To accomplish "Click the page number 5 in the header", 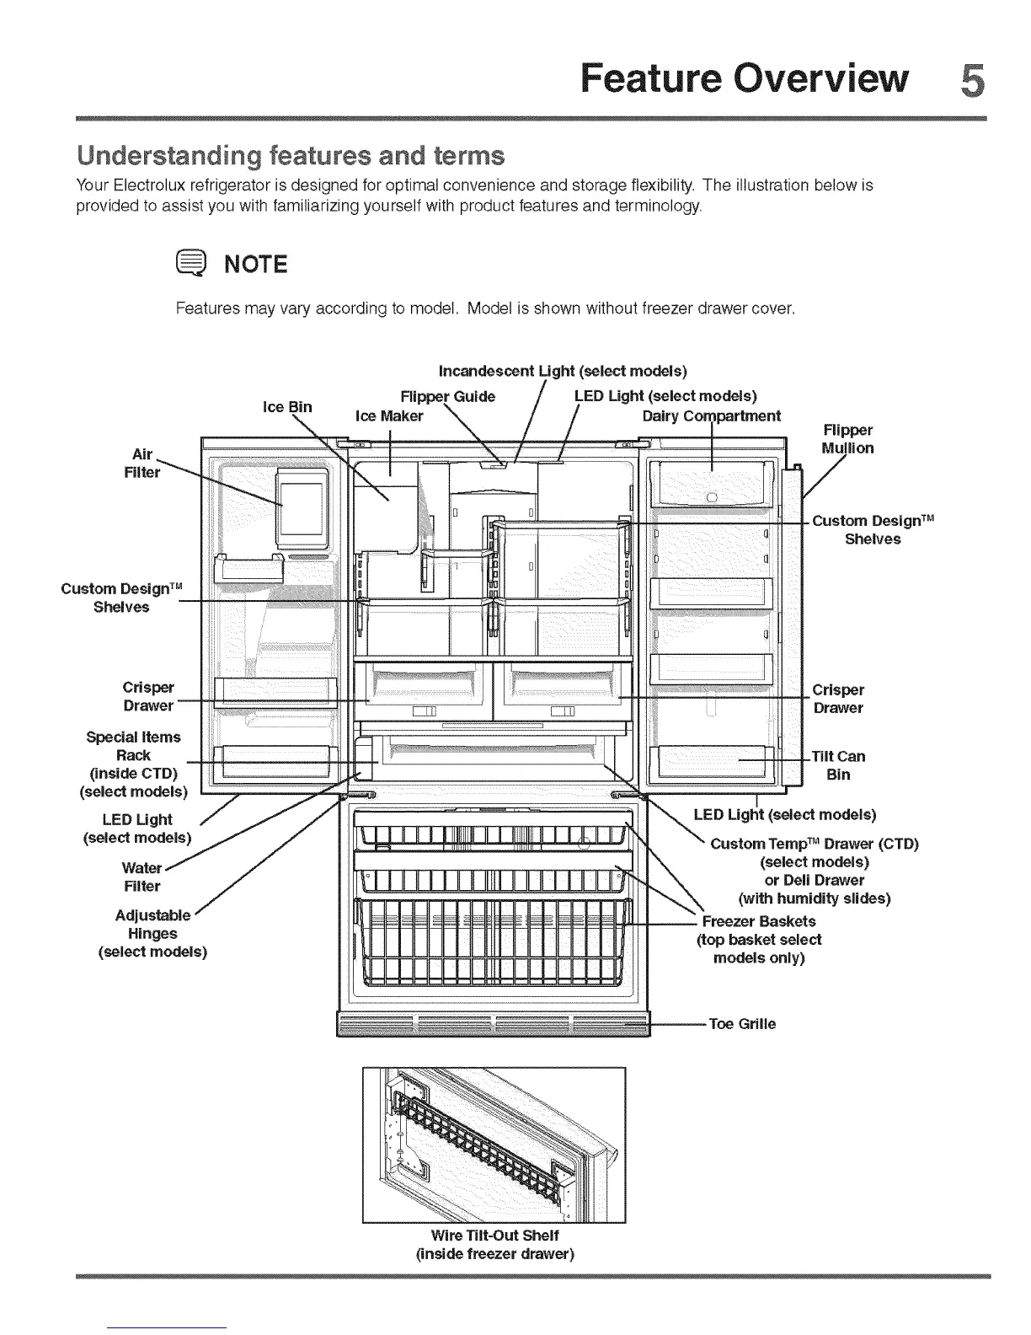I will coord(971,81).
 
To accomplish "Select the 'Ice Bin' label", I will coord(287,407).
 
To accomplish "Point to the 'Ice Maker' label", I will coord(389,416).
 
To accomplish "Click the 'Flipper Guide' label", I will coord(447,397).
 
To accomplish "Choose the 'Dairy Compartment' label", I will coord(711,416).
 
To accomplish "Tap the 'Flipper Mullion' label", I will coord(847,439).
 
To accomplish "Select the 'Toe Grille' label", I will coord(742,1024).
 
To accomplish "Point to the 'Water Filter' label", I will coord(142,877).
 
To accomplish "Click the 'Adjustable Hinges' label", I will coord(152,933).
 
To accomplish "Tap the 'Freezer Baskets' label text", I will coord(758,921).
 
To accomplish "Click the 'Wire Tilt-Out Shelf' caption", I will coord(494,1236).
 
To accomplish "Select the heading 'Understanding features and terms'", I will coord(291,157).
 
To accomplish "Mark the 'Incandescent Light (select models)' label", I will coord(563,372).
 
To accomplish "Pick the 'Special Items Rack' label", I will coord(133,746).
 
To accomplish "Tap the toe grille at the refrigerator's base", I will coord(494,1027).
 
